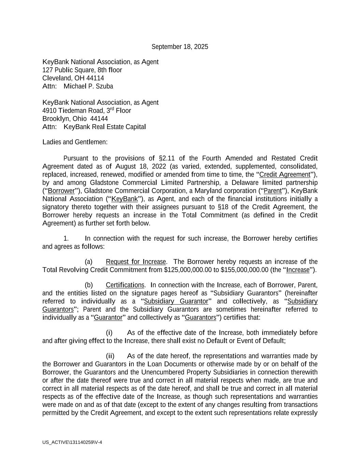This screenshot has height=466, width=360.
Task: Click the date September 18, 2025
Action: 179,47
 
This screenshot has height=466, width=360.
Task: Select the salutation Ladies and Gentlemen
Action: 75,142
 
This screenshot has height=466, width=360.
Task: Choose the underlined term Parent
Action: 273,191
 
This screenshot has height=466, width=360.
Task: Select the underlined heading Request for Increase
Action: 136,262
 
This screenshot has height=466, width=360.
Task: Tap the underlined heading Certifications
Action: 125,285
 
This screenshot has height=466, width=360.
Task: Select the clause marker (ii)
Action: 110,356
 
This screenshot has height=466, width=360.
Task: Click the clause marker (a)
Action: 88,262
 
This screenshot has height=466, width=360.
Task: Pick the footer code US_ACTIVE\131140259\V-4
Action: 72,442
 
